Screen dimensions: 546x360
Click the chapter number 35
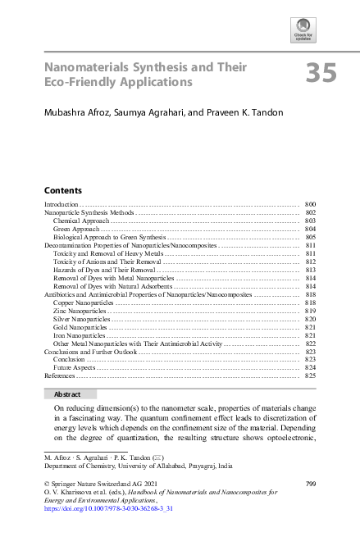[x=321, y=74]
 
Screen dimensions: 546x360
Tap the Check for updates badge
[x=303, y=30]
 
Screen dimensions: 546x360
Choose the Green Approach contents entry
[x=76, y=229]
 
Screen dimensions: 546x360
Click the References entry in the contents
[x=59, y=375]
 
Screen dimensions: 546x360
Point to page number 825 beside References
[x=310, y=375]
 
